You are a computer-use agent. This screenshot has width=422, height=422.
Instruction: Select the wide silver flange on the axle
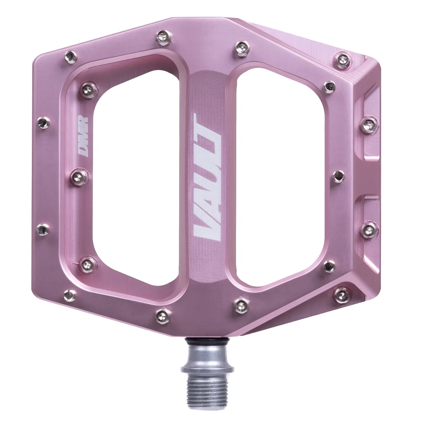pos(199,369)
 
